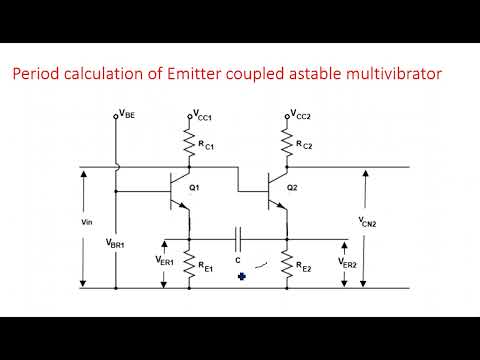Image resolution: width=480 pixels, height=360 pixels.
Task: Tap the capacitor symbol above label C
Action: click(x=238, y=239)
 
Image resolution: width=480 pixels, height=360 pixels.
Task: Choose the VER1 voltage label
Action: click(x=165, y=261)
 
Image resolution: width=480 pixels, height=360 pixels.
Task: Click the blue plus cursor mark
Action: click(x=241, y=277)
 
